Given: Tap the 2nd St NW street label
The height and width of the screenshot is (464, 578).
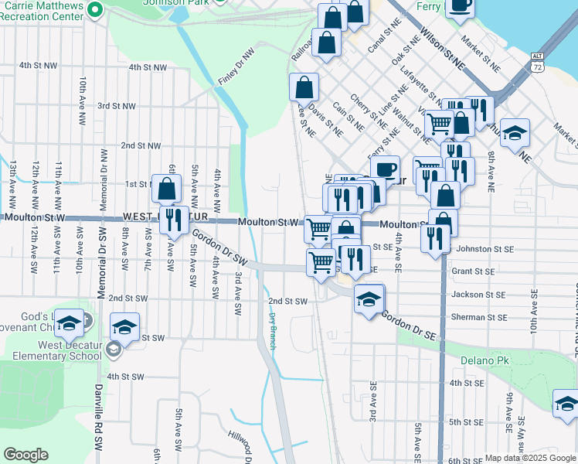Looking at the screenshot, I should [x=141, y=145].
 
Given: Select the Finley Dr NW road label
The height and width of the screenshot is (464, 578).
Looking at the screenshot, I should [x=236, y=67].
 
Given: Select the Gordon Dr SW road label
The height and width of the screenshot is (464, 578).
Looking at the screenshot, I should [x=213, y=248].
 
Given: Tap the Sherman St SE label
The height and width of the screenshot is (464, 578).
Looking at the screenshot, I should [x=479, y=318].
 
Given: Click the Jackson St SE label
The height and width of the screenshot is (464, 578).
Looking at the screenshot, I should [x=478, y=295].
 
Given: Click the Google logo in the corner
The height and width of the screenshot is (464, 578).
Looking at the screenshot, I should [x=25, y=455].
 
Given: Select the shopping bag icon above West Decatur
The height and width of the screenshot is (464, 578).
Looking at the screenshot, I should [x=166, y=189].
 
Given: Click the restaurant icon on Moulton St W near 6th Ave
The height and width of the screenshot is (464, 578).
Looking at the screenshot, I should [x=173, y=220].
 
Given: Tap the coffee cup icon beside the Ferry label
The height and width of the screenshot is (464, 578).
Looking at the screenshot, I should [x=461, y=6].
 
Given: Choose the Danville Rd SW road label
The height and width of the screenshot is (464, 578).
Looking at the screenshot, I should [x=98, y=418].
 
